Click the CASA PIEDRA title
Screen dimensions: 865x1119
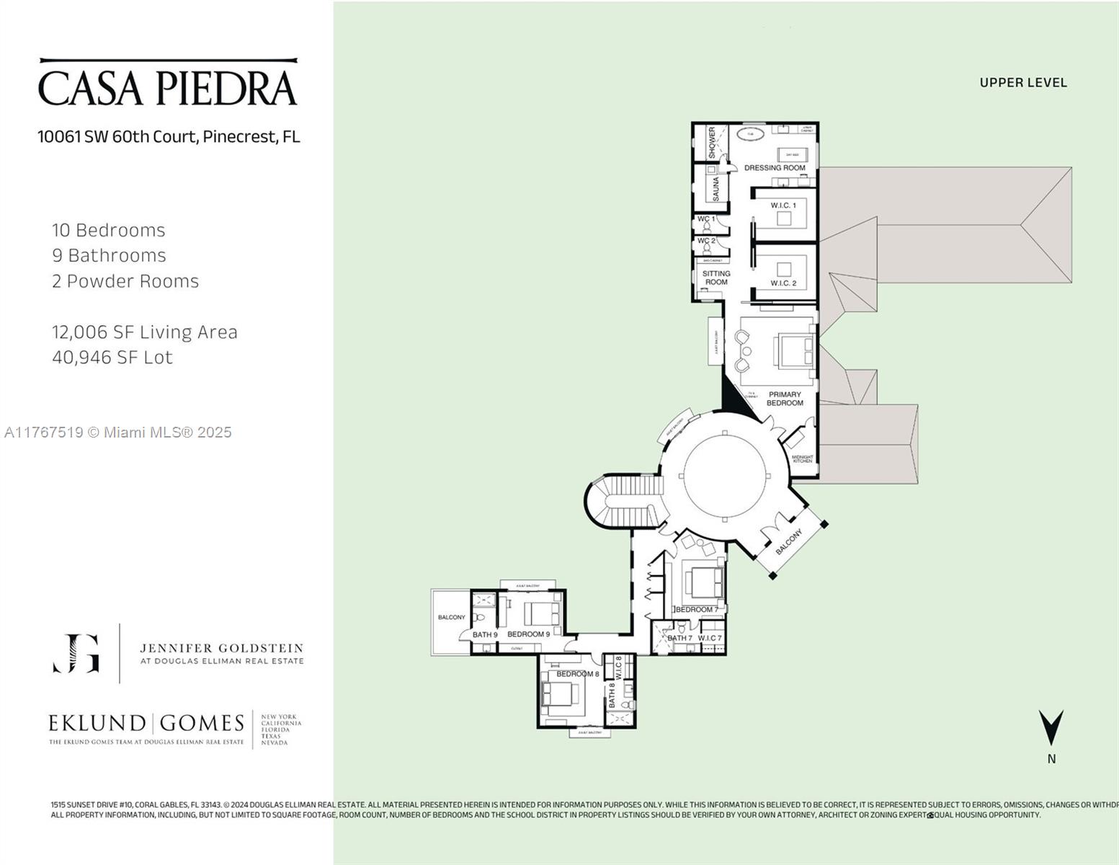(167, 87)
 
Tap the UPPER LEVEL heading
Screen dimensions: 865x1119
(1022, 83)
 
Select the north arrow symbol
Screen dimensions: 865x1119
(1051, 728)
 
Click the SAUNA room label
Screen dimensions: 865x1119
(715, 189)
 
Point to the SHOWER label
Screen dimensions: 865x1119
(712, 143)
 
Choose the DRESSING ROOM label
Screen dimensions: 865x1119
(775, 168)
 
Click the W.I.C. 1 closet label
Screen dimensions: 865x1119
(783, 205)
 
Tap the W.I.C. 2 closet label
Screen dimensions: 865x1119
(783, 283)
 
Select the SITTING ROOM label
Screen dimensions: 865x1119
(716, 278)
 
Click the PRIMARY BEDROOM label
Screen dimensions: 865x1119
(785, 399)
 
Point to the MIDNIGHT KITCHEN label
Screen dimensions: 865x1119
(802, 458)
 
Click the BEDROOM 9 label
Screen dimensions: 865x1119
(528, 634)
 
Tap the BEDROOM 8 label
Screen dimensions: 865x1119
(577, 674)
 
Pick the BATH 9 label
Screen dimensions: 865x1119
(485, 634)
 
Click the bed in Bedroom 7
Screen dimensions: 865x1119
(703, 581)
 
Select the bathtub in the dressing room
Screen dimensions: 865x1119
(750, 135)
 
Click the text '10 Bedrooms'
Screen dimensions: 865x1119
(109, 231)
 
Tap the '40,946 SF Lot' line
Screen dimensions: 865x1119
(112, 358)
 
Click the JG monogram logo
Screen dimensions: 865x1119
(76, 653)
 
